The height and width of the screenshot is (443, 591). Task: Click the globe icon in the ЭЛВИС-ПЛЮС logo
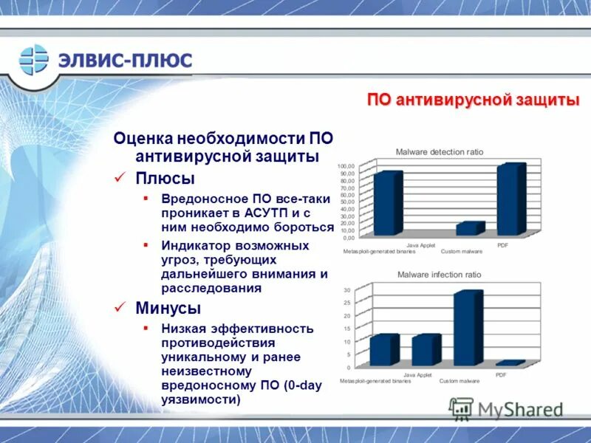coord(34,60)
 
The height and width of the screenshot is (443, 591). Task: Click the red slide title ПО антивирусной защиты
coord(473,100)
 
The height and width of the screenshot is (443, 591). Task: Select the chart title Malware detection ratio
coord(439,151)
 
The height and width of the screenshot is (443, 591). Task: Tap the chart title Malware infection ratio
coord(439,275)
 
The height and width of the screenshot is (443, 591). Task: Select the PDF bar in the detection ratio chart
coord(511,199)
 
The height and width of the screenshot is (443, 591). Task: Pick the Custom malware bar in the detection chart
coord(469,229)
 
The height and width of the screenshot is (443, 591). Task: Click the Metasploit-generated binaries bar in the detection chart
coord(387,204)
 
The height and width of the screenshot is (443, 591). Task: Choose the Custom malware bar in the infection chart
coord(468,329)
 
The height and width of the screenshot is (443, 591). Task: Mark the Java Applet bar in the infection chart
coord(426,350)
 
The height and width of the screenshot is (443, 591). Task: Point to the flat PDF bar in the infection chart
coord(510,363)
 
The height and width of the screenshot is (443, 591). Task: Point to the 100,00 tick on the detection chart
coord(346,167)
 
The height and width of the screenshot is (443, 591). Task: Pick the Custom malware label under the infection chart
coord(460,381)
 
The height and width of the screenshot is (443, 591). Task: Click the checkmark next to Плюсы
coord(120,178)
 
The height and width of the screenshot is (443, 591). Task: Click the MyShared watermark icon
coord(461,408)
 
